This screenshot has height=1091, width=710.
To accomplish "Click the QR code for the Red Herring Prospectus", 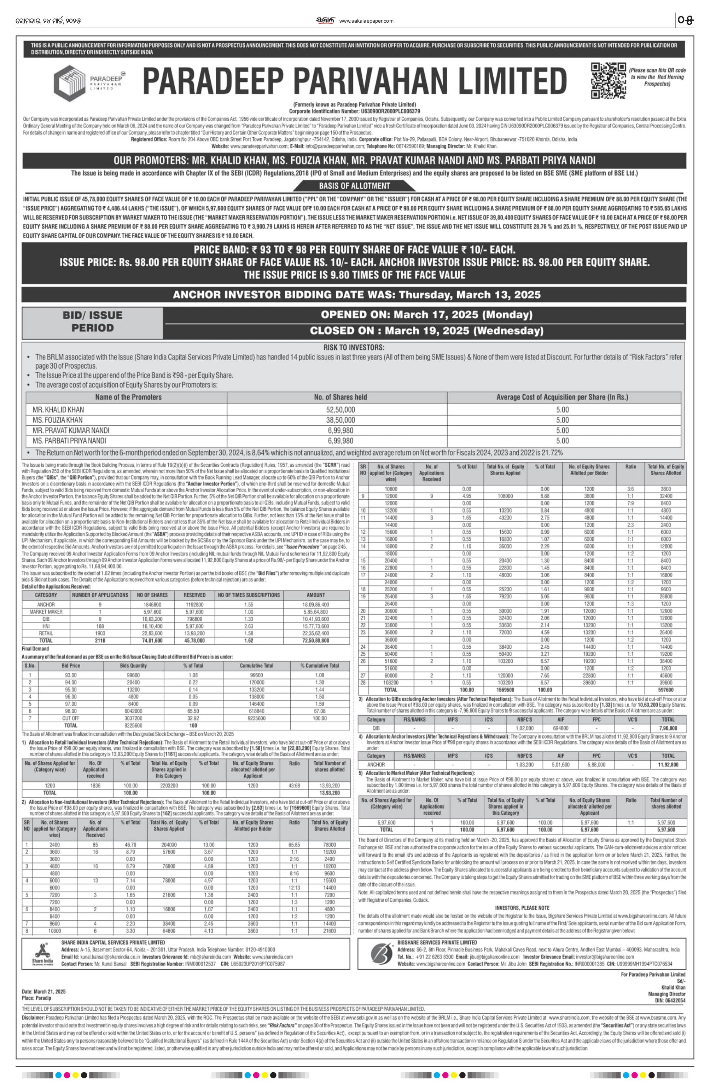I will (608, 81).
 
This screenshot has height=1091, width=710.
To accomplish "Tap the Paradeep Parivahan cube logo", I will (70, 83).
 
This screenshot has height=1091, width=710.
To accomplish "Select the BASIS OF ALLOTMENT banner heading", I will (355, 186).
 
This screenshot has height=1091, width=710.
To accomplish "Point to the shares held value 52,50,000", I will (341, 410).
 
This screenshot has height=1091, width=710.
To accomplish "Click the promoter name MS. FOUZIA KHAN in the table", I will (58, 420).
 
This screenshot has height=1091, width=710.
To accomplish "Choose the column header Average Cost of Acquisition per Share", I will (562, 397).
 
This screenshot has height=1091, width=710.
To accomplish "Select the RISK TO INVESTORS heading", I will (354, 348).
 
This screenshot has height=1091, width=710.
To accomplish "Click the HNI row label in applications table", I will (46, 626).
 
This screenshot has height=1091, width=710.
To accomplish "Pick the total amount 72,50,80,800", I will (316, 641).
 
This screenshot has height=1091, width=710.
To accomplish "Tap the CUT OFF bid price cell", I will (71, 718).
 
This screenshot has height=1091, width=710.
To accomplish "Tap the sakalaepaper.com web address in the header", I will (366, 21).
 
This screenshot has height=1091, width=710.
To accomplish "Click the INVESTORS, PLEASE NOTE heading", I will (522, 908).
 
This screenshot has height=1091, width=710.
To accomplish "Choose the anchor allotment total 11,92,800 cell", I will (668, 765).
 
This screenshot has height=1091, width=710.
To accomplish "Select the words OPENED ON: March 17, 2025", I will (426, 315).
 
